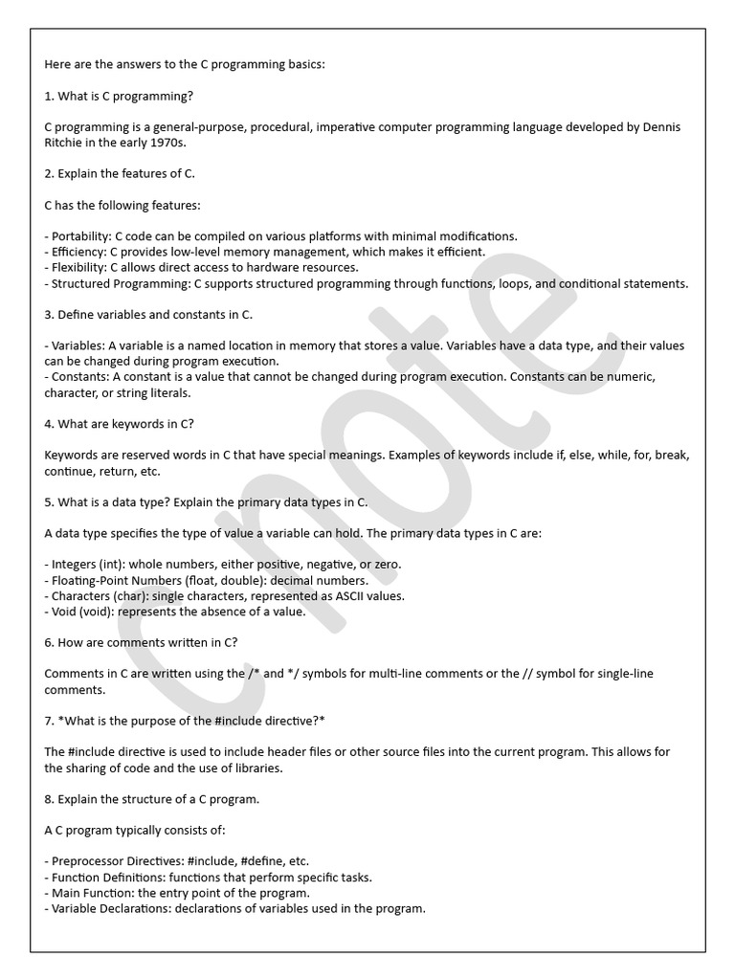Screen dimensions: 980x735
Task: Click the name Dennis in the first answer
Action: [x=661, y=127]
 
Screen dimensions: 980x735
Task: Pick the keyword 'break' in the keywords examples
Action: [x=673, y=456]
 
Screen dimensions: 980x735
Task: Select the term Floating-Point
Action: [x=96, y=580]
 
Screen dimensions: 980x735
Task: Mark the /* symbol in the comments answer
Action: [x=254, y=674]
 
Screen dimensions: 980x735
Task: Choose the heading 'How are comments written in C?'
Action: [x=141, y=642]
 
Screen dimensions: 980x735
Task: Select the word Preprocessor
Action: [x=93, y=860]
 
